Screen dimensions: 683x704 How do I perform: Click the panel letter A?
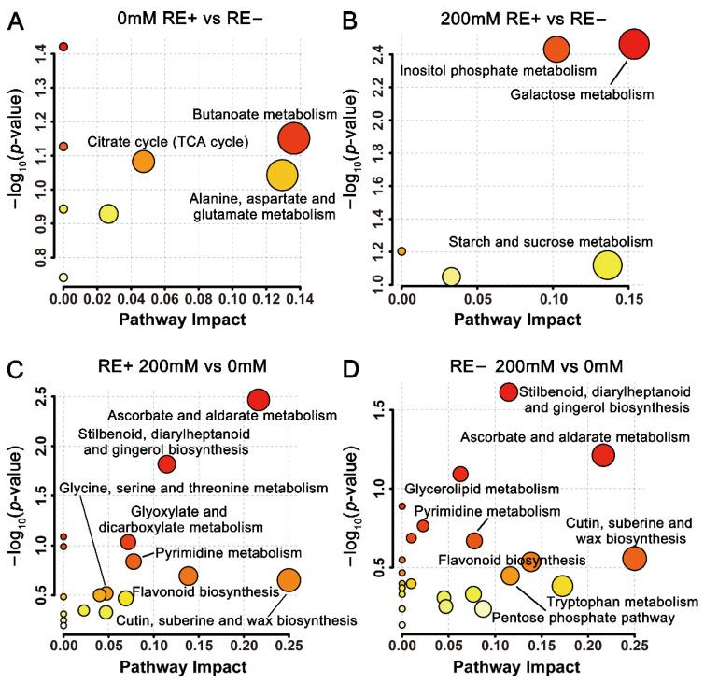point(18,18)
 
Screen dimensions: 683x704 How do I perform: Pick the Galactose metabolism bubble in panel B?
point(634,43)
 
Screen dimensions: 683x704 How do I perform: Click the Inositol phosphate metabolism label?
point(498,71)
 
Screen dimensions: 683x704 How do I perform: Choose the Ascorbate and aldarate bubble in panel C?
point(259,399)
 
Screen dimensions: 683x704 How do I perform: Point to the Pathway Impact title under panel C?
point(184,667)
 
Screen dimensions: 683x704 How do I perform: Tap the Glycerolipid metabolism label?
point(482,489)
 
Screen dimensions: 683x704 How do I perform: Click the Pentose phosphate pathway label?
point(569,618)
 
